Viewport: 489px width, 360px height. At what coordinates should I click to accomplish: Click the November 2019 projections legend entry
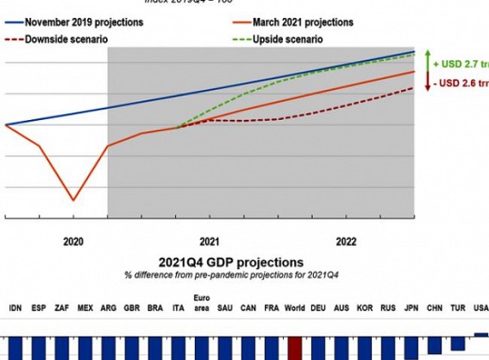[x=77, y=22]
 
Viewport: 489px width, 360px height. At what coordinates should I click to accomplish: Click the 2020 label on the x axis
[x=73, y=242]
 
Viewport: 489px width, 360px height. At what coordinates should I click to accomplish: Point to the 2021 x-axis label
[x=208, y=242]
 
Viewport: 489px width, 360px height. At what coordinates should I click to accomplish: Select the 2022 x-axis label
[x=345, y=242]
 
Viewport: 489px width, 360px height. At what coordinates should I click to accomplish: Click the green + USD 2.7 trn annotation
[x=461, y=65]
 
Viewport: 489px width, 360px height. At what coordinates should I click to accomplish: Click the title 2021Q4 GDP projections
[x=230, y=262]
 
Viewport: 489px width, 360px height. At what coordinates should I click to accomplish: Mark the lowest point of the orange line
[x=73, y=200]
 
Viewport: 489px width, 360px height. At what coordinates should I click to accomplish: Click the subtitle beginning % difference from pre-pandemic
[x=230, y=274]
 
